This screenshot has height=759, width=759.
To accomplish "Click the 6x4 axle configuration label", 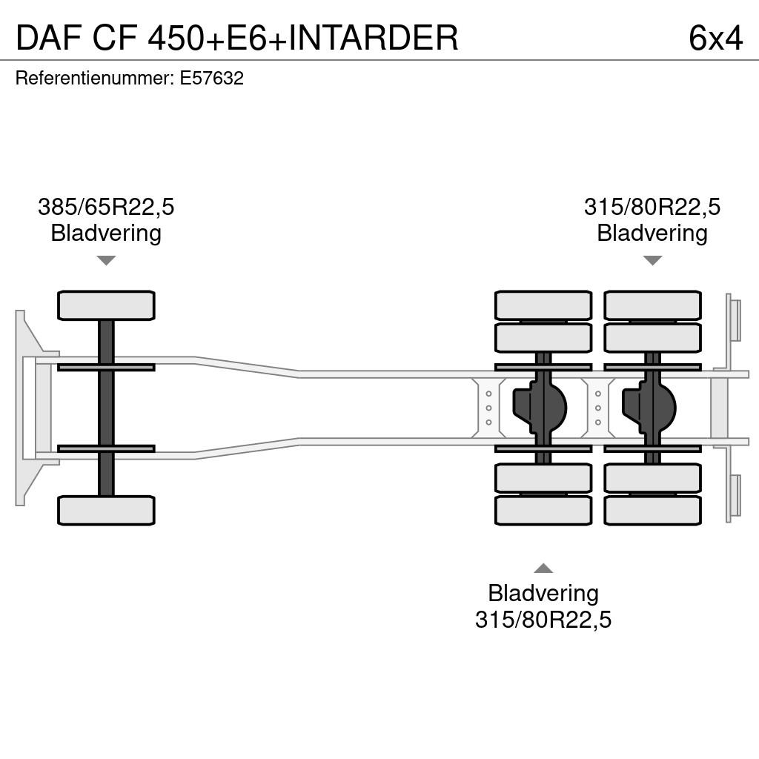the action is coord(715,38).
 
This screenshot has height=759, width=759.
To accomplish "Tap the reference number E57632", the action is coord(211,78).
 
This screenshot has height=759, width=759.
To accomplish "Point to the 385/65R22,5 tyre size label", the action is coord(106,207).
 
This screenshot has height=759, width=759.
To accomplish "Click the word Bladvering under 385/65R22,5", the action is coord(106,233).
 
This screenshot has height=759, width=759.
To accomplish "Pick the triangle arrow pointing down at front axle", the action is coord(106,260).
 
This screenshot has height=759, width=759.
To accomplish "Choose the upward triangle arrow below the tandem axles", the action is coord(543,569).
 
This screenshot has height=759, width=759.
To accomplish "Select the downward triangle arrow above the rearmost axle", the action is coord(652,260).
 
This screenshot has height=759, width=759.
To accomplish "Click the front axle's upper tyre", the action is coord(106,305).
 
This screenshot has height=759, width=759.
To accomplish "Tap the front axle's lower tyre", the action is coord(106,511).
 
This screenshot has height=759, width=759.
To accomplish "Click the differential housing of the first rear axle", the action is coord(540,408).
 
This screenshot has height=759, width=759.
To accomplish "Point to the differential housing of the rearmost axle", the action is coord(649,408).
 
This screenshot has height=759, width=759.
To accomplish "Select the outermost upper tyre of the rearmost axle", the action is coord(652,305).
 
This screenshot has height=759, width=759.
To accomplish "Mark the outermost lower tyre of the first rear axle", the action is coord(543,511).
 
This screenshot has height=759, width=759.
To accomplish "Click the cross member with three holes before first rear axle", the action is coord(489,408).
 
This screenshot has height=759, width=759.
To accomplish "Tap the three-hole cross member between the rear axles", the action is coord(598,408).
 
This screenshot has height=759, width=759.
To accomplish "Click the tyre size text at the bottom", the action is coord(543,620).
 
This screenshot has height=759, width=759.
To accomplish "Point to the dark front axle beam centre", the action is coord(106,408).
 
